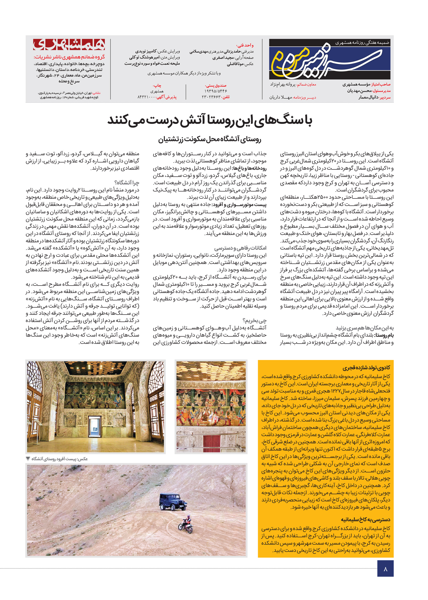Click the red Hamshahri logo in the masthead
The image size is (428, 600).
pos(69,45)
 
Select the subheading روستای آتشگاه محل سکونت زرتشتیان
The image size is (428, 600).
pos(210,139)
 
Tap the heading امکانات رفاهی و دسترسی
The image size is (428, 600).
pos(240,248)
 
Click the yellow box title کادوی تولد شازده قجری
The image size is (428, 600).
pos(366,368)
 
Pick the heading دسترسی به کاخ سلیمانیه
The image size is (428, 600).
pos(366,520)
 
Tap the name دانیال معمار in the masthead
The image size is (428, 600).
pos(368,97)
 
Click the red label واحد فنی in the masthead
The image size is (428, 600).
pos(245,45)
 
